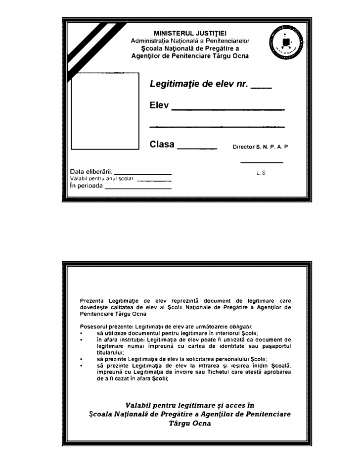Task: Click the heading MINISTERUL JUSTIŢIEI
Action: (190, 34)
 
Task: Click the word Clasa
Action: (162, 144)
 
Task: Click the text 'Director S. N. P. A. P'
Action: (260, 147)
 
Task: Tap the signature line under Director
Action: (262, 163)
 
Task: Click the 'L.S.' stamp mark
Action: (262, 173)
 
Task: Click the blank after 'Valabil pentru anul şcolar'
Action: (154, 181)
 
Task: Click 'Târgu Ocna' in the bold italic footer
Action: (190, 424)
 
